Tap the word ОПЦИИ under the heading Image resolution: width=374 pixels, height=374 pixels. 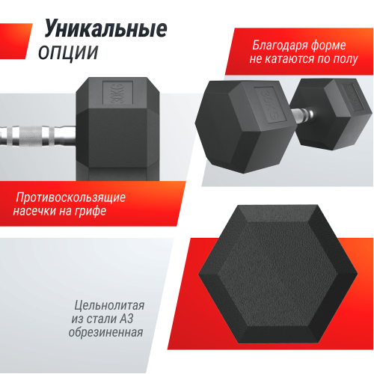(67, 52)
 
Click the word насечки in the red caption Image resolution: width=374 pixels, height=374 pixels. (40, 212)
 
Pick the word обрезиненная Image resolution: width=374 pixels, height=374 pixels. (105, 334)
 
